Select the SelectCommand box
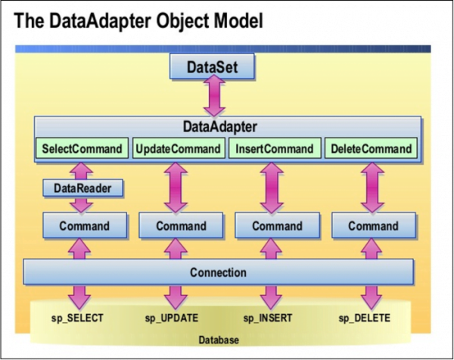tap(82, 149)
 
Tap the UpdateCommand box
tap(179, 149)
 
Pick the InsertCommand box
tap(275, 149)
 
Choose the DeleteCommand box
tap(371, 149)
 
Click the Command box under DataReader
tap(83, 225)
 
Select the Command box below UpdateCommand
tap(180, 225)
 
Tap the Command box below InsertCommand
tap(277, 225)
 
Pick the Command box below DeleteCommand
tap(373, 225)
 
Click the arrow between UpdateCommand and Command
tap(179, 186)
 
